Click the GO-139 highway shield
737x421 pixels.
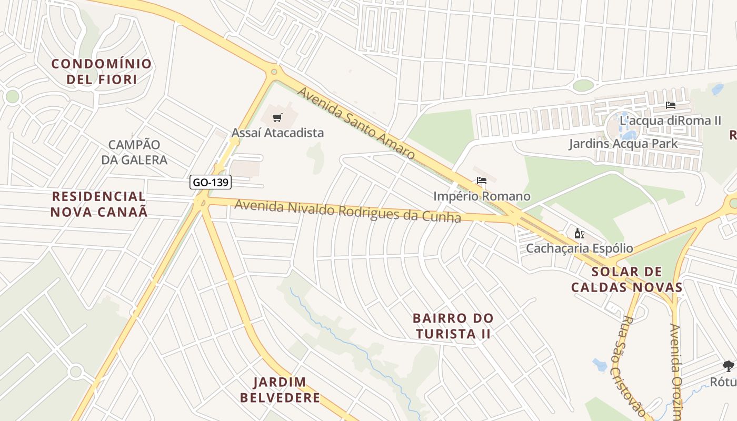pos(211,183)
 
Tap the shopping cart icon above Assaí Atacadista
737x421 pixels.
pos(277,117)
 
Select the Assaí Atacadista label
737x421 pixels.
pos(277,133)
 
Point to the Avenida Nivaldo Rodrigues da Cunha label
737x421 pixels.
pos(347,211)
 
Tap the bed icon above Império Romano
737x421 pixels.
pos(481,181)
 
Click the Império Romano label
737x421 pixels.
pos(482,196)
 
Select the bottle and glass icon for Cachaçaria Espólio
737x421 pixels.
pos(579,233)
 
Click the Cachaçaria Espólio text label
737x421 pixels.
pos(580,248)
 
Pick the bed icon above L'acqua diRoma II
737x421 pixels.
pos(670,105)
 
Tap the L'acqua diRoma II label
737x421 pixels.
pos(670,121)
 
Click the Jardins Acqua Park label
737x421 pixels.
pos(623,144)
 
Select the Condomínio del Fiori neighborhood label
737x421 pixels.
pos(102,72)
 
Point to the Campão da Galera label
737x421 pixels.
pos(134,152)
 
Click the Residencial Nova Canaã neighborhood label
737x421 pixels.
pos(99,204)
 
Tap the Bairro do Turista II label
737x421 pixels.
pos(453,326)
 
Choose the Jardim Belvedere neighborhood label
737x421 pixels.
pos(280,389)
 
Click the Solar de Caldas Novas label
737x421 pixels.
pos(626,279)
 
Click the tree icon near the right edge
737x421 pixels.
pos(728,366)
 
